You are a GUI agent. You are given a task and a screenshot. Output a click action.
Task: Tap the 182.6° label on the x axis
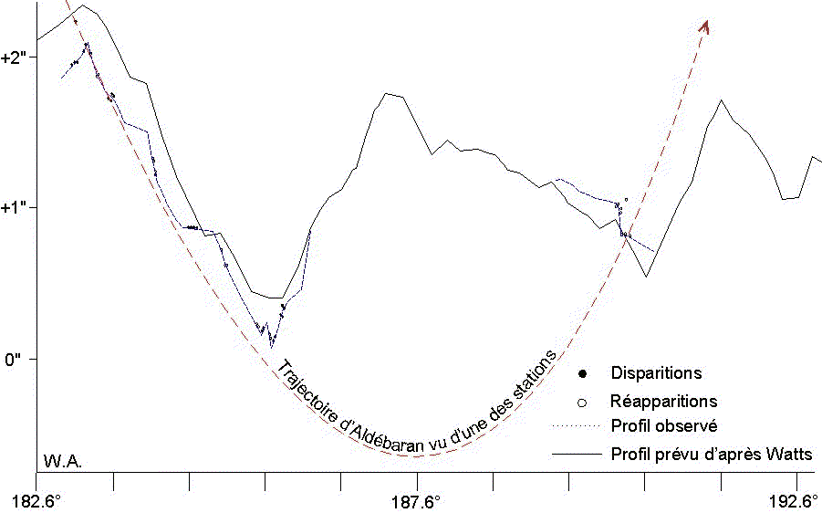coord(36,500)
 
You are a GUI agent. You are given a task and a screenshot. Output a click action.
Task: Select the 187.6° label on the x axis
coord(418,500)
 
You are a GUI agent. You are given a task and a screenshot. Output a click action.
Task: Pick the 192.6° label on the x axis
coord(796,500)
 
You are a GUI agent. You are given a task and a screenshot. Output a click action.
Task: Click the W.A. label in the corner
coord(62,460)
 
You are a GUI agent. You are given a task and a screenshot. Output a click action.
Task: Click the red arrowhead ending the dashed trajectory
coord(704,27)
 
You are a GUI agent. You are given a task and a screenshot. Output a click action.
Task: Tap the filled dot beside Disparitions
coord(582,373)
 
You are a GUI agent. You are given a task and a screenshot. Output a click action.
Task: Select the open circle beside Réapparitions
coord(582,402)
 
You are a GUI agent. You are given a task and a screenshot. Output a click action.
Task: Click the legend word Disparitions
coord(656,373)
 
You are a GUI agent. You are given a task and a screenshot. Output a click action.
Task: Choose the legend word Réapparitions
coord(663,401)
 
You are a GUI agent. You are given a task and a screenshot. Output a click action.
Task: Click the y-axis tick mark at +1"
coord(33,207)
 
